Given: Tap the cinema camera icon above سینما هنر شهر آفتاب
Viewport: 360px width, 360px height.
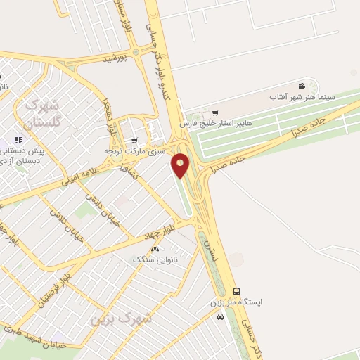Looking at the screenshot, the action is [302, 85].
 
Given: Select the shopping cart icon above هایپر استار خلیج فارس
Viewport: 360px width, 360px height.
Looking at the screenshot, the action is [215, 112].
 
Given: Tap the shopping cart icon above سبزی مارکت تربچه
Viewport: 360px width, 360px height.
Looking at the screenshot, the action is [134, 141].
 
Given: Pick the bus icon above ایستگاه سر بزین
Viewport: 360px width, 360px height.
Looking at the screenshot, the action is [236, 291].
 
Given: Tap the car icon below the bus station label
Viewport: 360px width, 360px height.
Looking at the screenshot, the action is [221, 316].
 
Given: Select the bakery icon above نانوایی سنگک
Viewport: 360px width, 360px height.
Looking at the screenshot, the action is [155, 249].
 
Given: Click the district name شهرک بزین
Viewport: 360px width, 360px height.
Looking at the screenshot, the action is [121, 318].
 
